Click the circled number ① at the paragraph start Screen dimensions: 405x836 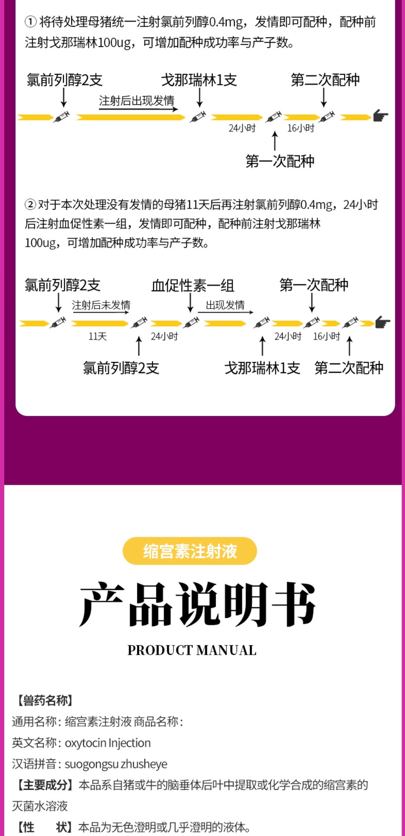(30, 22)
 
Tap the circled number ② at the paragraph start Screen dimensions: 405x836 (30, 204)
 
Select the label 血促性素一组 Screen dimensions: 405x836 (193, 286)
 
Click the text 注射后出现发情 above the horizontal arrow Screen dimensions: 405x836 (137, 101)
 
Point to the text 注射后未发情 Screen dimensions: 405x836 (101, 305)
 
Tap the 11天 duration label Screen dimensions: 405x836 (97, 336)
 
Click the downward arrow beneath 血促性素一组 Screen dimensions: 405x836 (190, 303)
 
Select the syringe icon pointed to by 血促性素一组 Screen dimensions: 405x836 (191, 322)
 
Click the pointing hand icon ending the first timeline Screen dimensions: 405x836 (381, 116)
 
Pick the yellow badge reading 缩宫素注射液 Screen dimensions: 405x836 (190, 551)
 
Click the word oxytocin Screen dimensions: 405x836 (85, 743)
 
